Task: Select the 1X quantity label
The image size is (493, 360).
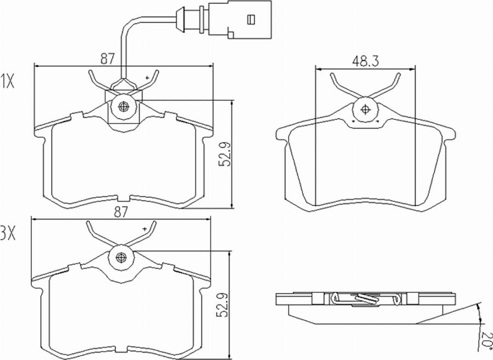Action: [8, 82]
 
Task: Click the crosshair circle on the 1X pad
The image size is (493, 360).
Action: [122, 106]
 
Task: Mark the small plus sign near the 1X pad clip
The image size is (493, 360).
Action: [147, 78]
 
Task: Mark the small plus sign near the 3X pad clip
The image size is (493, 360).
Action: [145, 228]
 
